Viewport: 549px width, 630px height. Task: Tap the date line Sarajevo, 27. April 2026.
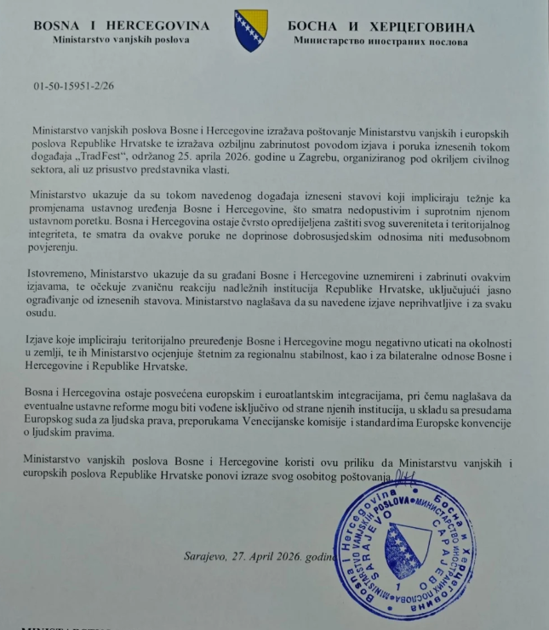click(272, 557)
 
